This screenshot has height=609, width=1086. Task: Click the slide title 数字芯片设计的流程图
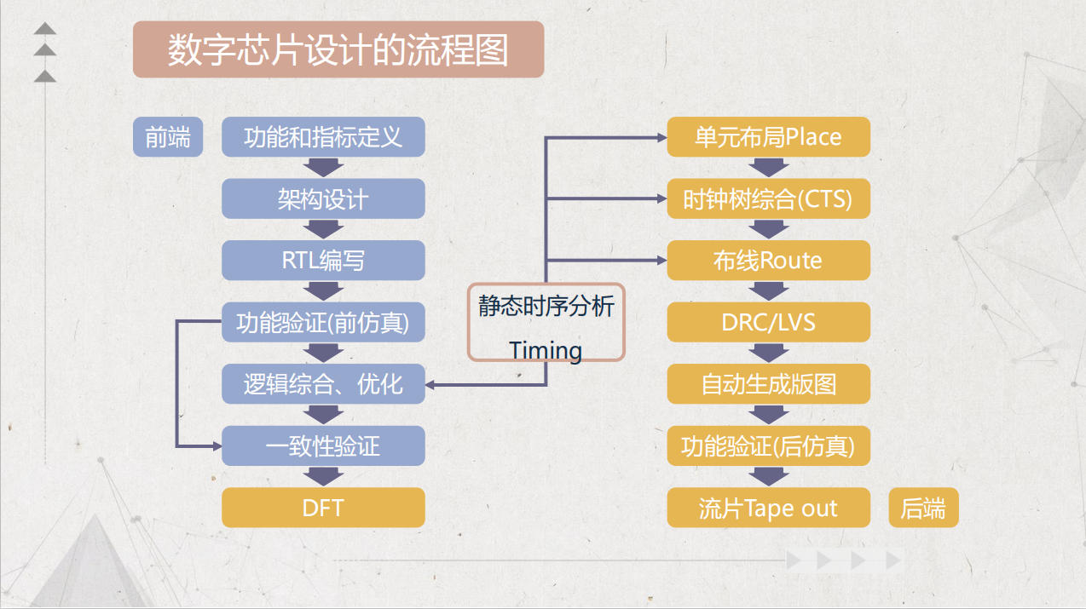click(338, 49)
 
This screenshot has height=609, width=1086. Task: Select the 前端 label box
click(168, 137)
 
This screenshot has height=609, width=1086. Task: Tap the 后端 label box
click(923, 508)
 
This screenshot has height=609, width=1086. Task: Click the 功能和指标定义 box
click(323, 137)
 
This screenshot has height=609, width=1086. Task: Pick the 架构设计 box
click(323, 199)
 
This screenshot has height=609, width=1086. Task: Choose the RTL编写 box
click(323, 261)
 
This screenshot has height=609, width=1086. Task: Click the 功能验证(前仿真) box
click(323, 323)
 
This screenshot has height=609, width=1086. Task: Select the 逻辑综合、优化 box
click(323, 384)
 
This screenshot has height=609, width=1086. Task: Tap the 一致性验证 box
click(323, 446)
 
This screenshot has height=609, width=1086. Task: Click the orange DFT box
click(323, 508)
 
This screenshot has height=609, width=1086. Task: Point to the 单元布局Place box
click(768, 137)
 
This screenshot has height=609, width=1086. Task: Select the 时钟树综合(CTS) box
click(768, 199)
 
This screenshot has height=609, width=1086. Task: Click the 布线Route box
click(768, 261)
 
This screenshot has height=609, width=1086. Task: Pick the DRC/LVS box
click(768, 323)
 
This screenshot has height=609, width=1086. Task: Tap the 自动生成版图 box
click(768, 384)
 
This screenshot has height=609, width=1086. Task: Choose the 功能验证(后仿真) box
click(768, 446)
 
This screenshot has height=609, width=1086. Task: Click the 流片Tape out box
click(768, 508)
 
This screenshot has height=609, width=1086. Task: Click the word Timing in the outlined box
click(546, 350)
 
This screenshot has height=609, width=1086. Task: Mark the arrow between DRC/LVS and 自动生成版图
click(768, 353)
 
